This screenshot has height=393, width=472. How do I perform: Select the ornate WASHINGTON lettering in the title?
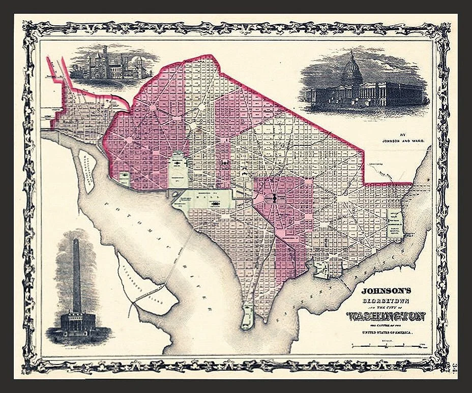click(387, 317)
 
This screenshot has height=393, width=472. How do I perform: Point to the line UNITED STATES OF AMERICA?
click(387, 332)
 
